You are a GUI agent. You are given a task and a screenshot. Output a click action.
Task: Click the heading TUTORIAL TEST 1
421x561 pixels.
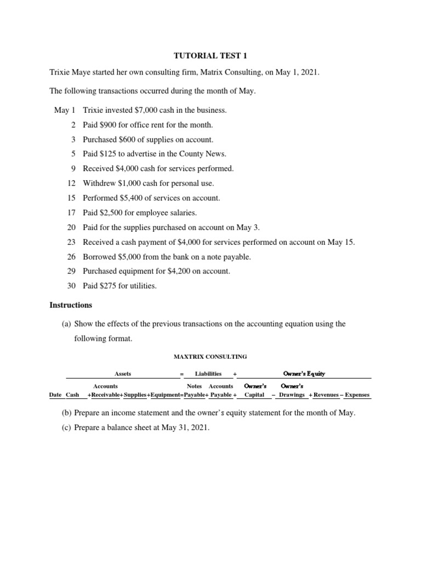click(210, 56)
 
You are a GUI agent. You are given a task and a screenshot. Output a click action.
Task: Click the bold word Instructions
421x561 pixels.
click(71, 305)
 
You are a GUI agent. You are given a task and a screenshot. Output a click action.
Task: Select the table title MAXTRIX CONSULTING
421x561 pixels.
click(210, 357)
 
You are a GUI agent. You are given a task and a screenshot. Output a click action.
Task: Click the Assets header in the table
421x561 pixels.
click(123, 374)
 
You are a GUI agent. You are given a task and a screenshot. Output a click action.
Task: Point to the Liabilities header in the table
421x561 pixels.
click(208, 374)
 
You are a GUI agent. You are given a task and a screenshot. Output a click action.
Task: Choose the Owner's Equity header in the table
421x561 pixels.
click(304, 374)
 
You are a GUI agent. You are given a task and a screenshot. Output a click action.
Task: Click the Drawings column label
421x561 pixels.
click(292, 394)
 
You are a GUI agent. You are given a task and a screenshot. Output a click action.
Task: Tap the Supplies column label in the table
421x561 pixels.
click(135, 394)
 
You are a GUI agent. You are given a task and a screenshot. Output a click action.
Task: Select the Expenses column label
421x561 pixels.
click(357, 394)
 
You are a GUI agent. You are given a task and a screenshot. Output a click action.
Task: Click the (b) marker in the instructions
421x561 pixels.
click(67, 413)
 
